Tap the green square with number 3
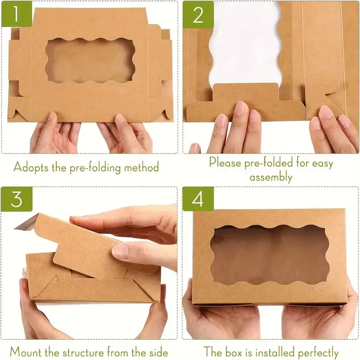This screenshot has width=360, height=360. [16, 198]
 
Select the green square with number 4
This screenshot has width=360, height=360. [198, 199]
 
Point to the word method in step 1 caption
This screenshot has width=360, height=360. [139, 167]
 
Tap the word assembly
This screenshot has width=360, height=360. [271, 177]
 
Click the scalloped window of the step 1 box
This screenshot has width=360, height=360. [90, 61]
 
